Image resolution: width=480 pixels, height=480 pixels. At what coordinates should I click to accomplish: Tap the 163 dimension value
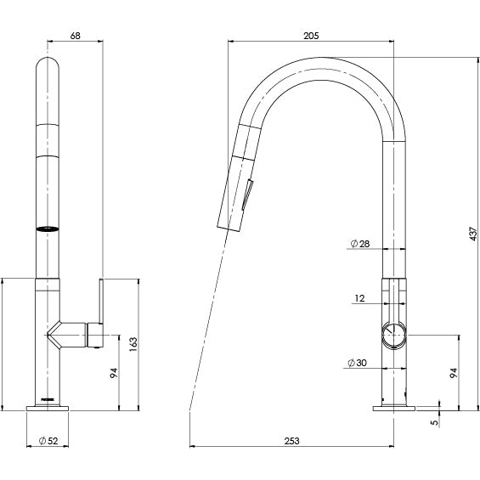pos(133,343)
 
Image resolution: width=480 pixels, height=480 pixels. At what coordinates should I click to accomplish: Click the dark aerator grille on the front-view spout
pos(48,229)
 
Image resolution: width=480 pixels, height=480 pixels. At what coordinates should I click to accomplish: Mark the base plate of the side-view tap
pos(392,409)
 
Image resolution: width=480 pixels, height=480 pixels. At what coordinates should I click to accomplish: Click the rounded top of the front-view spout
pos(48,66)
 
